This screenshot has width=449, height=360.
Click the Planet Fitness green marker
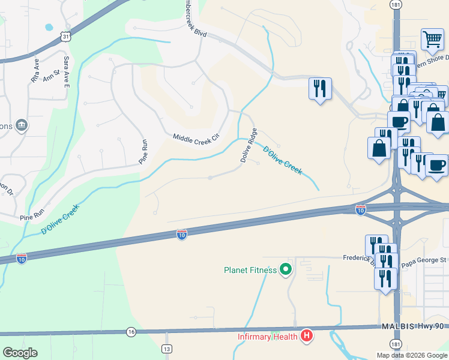pos(286,270)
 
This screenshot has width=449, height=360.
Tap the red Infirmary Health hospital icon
pos(307,336)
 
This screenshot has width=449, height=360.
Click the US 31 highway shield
pos(66,37)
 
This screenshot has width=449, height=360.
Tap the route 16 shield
pos(131,332)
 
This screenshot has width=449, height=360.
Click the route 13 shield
pos(167,349)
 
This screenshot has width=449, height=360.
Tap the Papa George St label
pos(424,260)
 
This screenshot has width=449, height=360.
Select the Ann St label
pos(52,74)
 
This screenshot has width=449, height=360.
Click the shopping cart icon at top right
pos(432,40)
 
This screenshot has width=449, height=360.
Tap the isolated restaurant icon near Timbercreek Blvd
pos(319,89)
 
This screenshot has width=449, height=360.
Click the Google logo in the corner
pos(20,353)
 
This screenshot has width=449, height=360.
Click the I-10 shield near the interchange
pos(360,209)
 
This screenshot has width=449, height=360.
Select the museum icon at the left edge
pos(22,125)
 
